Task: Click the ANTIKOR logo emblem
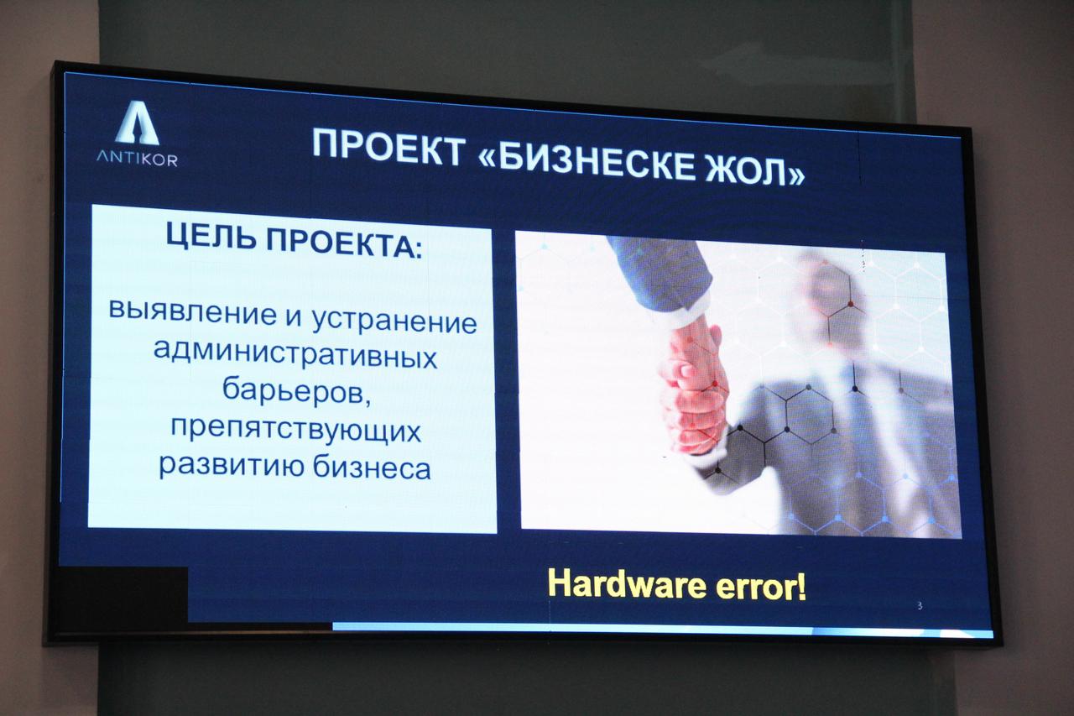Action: click(137, 125)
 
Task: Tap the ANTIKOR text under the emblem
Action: click(137, 159)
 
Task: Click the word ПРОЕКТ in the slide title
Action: click(388, 146)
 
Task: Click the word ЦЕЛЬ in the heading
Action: click(211, 237)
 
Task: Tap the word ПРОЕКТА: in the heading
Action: click(345, 243)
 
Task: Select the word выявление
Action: click(193, 311)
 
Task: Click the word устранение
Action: click(394, 321)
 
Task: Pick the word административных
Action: click(295, 354)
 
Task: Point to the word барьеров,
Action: click(297, 392)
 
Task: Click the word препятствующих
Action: click(296, 430)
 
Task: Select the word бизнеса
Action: click(372, 468)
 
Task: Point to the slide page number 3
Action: click(920, 606)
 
